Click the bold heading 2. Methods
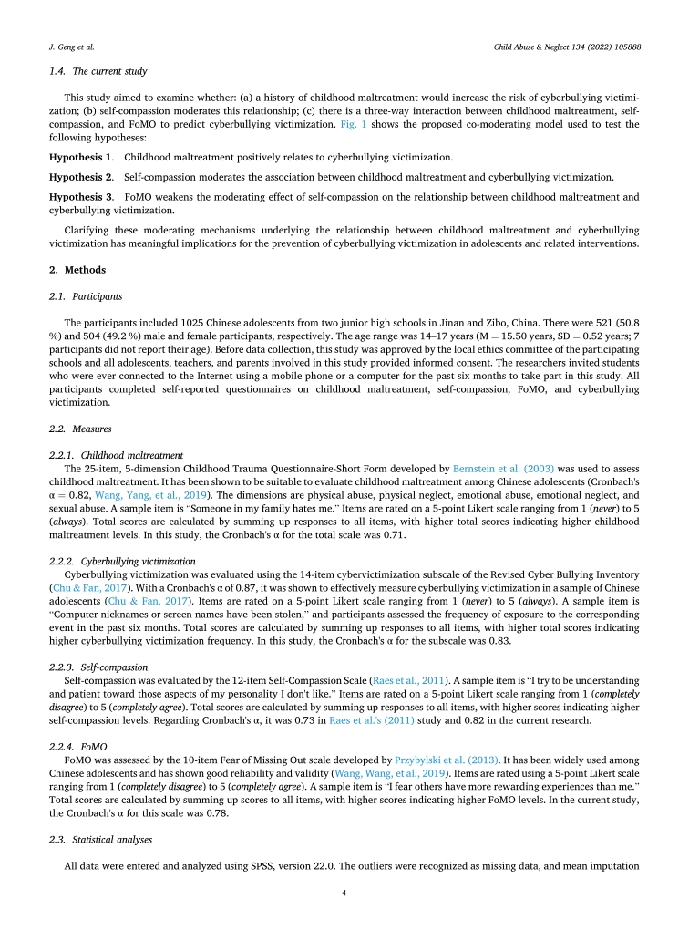(x=77, y=270)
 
